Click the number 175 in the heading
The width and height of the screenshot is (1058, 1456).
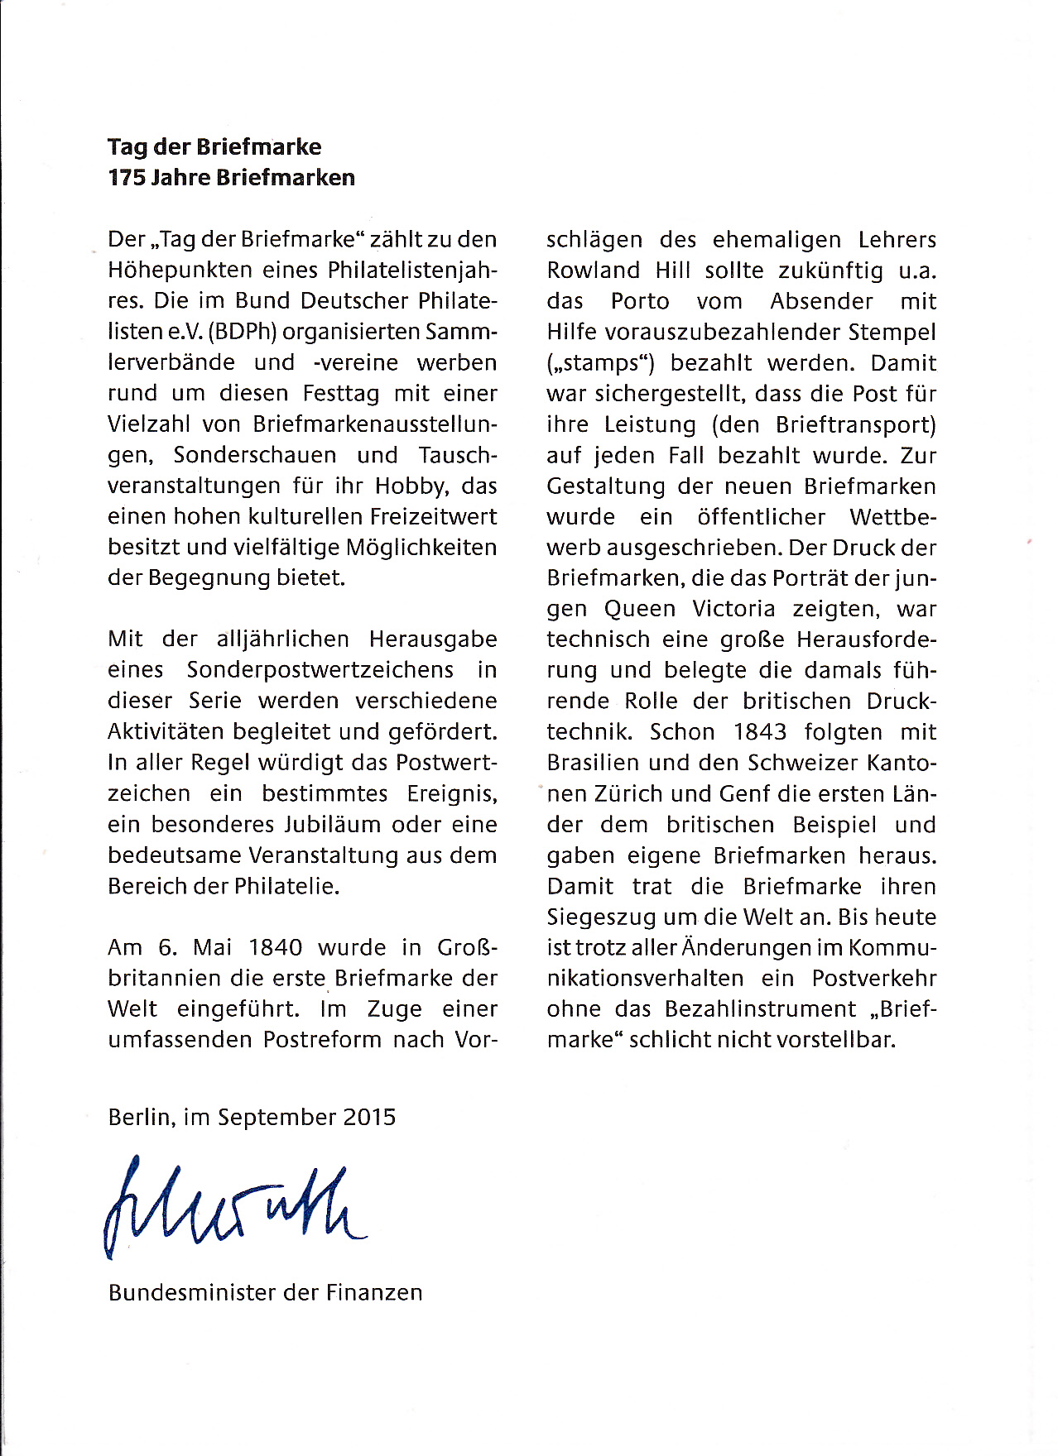(x=127, y=178)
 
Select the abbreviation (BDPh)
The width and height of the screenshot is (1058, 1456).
(x=244, y=332)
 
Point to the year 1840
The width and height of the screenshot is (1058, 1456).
(x=276, y=947)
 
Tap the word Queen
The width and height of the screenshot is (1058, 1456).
(x=640, y=609)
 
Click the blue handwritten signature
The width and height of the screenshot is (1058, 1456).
(x=232, y=1208)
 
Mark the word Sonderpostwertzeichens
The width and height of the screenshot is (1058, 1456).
(x=320, y=670)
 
